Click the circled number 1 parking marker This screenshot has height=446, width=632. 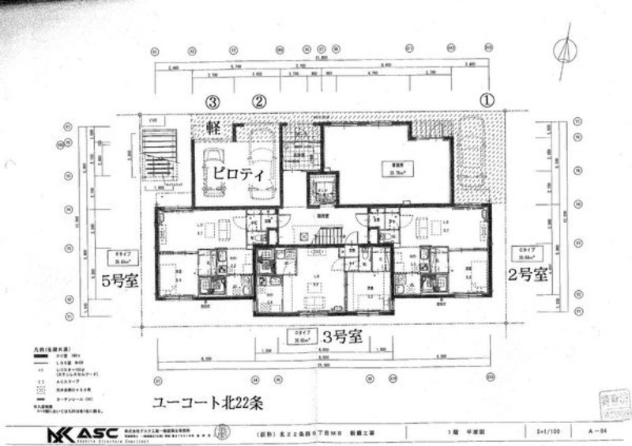pos(487,100)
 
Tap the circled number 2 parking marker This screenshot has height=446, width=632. pos(260,101)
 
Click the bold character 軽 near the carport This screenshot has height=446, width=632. pos(213,127)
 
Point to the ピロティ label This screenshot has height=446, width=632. pos(237,176)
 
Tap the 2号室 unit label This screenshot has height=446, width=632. pos(529,274)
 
